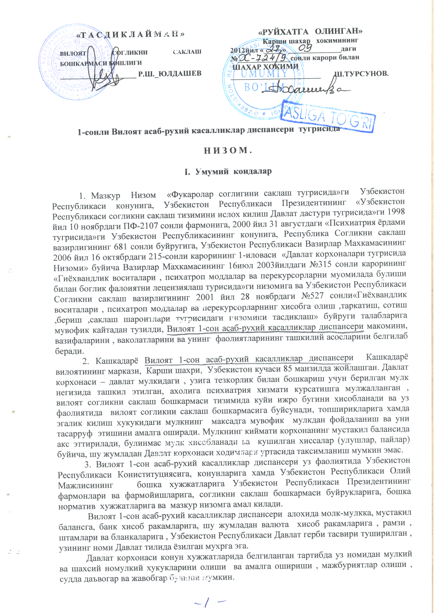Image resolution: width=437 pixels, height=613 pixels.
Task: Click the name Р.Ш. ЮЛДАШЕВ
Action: [169, 73]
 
